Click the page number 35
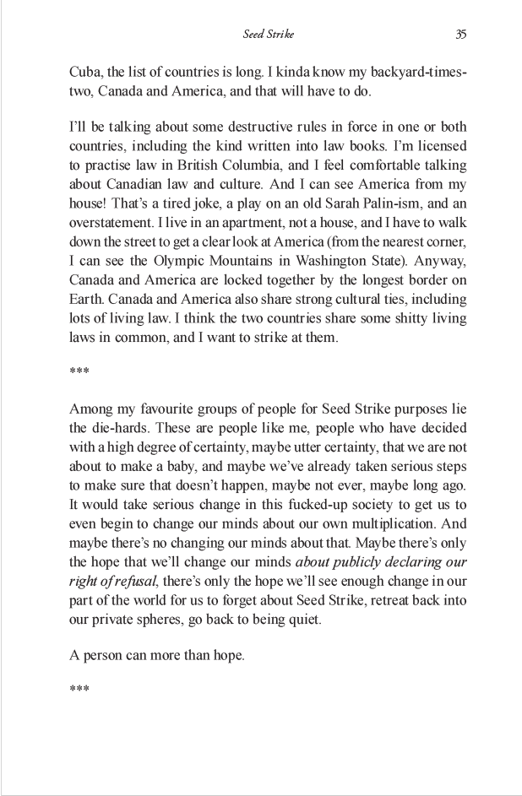pos(460,35)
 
